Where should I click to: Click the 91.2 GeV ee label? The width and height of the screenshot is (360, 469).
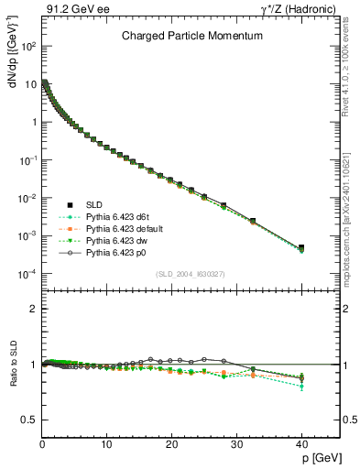68,10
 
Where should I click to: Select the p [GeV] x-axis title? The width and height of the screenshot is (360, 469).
319,455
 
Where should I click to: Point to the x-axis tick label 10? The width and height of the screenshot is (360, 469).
106,443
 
